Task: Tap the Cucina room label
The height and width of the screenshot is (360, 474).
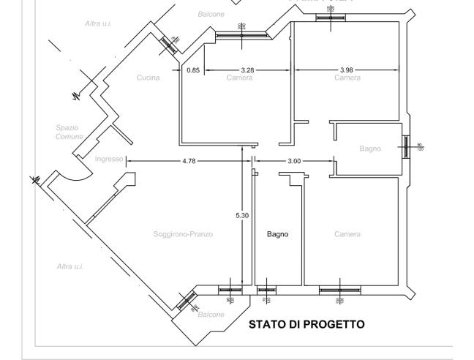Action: click(x=147, y=78)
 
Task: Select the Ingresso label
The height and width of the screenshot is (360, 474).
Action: click(x=108, y=160)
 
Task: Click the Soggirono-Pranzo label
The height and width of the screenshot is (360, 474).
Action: click(x=183, y=234)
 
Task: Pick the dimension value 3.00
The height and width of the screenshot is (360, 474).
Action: click(x=293, y=160)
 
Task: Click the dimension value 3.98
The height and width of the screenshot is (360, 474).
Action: click(x=346, y=70)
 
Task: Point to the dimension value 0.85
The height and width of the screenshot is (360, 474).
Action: click(x=192, y=70)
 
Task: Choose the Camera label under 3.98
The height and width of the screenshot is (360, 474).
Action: click(x=347, y=78)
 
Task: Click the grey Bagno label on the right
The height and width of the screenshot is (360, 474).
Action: click(x=370, y=149)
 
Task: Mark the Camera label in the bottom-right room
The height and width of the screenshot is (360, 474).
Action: click(x=347, y=234)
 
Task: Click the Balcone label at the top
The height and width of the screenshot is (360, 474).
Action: click(x=211, y=14)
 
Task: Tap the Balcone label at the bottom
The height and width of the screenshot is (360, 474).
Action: click(x=211, y=314)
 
